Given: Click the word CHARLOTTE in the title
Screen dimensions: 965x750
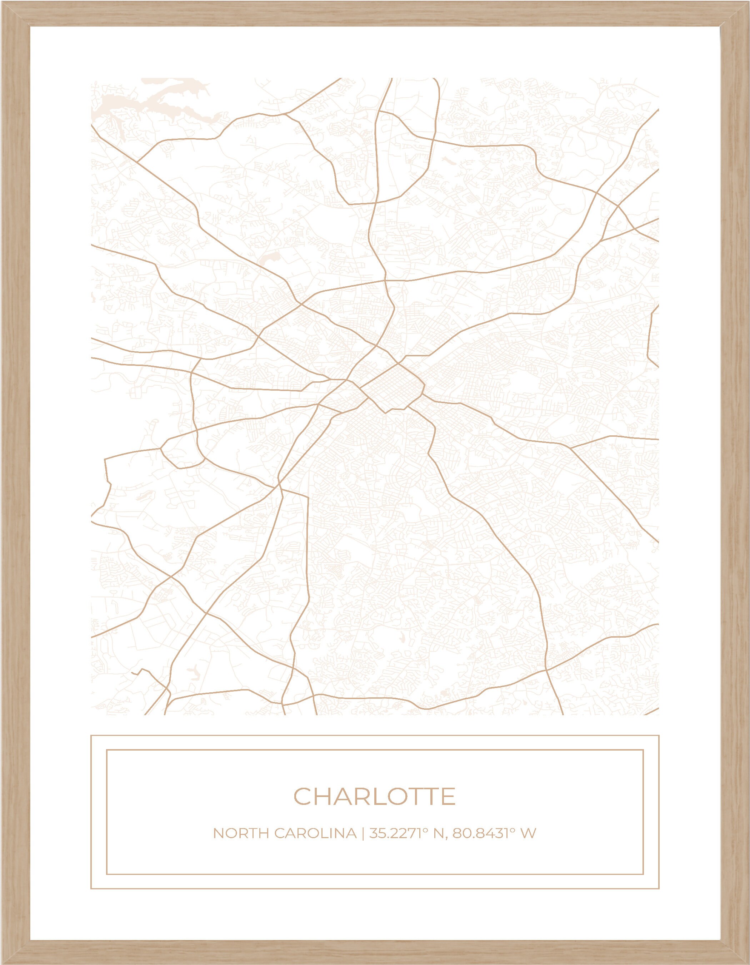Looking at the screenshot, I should click(374, 796).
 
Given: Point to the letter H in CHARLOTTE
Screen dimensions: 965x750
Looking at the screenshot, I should click(324, 796).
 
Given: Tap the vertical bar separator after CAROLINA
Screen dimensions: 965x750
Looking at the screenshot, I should click(362, 834).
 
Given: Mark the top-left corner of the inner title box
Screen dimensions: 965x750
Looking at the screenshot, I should click(107, 750).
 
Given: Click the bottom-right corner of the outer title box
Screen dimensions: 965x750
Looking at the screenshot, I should click(659, 889).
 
